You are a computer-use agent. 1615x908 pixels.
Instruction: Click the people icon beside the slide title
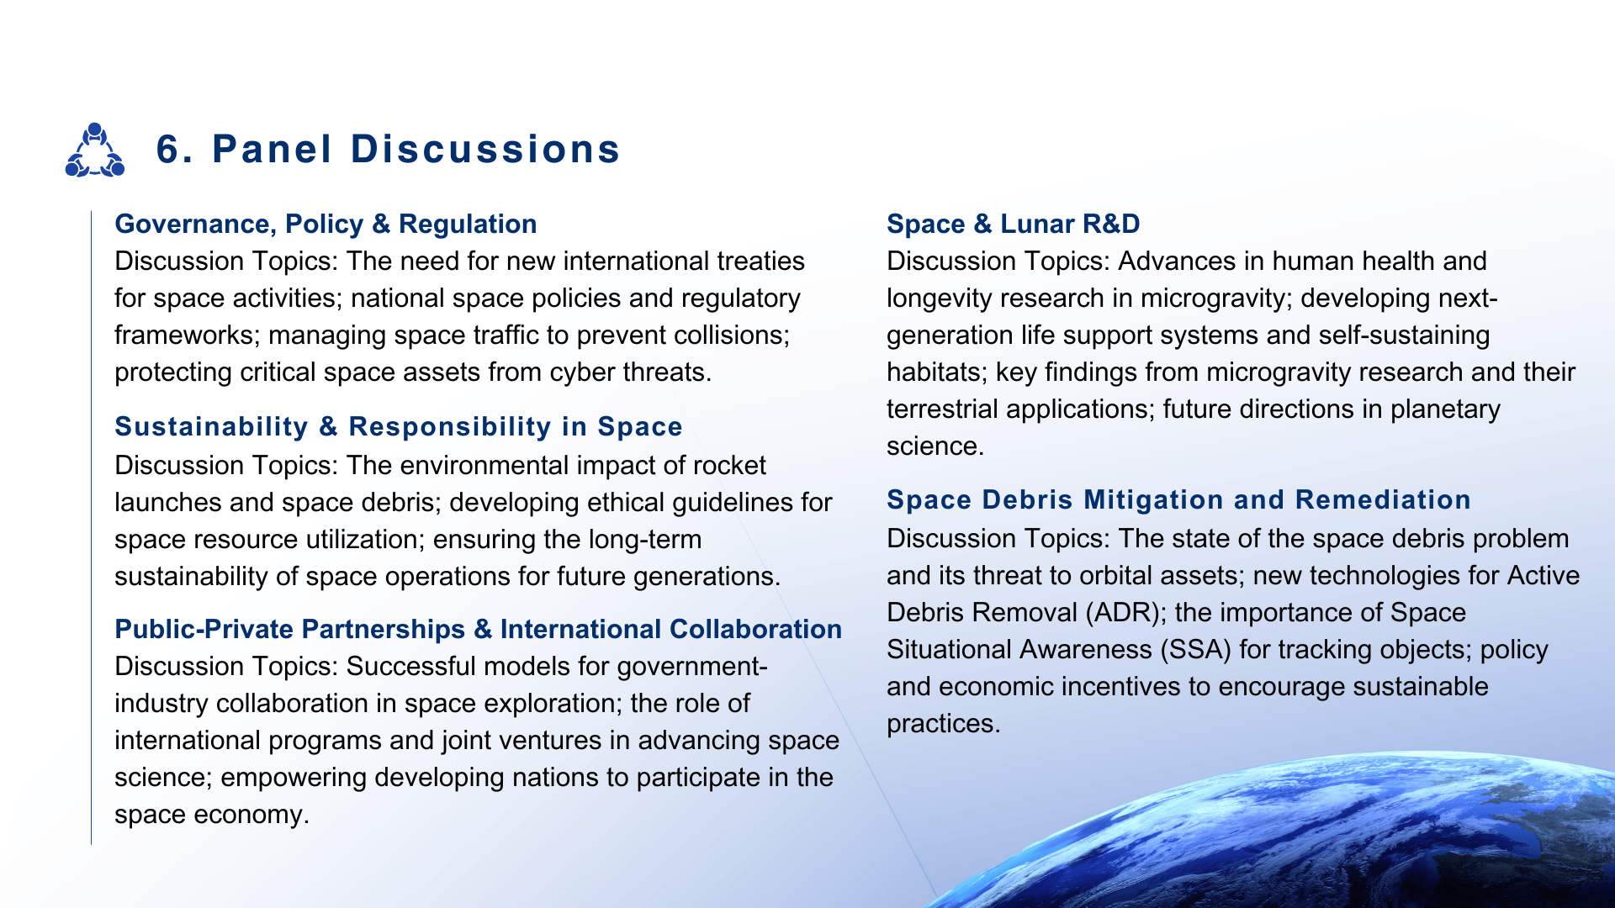(x=94, y=150)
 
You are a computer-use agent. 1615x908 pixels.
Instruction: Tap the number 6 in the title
(x=169, y=150)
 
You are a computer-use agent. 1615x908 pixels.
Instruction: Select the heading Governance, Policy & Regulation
(x=326, y=224)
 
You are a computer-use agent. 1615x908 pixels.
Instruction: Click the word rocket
(x=728, y=465)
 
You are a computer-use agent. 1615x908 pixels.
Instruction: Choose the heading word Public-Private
(x=205, y=629)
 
